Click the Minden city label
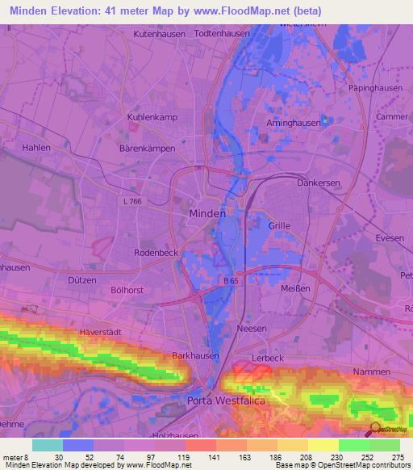(x=206, y=213)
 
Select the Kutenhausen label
(x=160, y=35)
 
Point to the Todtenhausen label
(x=223, y=35)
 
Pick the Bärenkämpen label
(x=147, y=149)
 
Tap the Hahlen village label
(x=36, y=148)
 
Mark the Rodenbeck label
(x=156, y=253)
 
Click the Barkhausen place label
(x=192, y=355)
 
